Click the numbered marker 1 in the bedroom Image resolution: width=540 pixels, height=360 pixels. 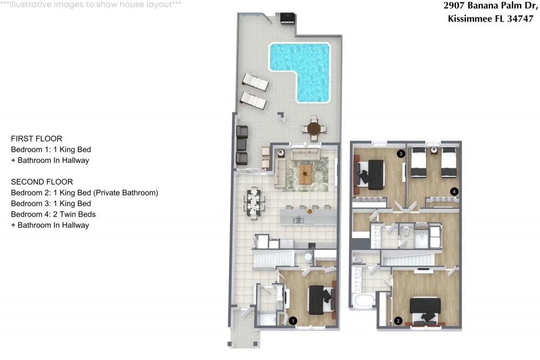(x=293, y=321)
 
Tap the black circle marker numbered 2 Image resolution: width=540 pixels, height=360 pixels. (x=398, y=321)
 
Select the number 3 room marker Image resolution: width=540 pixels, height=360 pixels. (x=401, y=153)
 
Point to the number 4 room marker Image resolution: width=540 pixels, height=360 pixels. (x=454, y=192)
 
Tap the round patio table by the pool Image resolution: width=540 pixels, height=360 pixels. (x=314, y=128)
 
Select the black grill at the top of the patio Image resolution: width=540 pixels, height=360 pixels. (x=287, y=18)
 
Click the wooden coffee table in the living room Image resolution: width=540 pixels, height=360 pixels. (x=305, y=174)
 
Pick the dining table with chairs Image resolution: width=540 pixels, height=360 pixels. (x=254, y=203)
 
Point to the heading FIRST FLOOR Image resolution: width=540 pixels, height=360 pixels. (x=37, y=139)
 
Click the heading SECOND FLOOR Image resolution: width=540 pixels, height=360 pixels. (x=42, y=182)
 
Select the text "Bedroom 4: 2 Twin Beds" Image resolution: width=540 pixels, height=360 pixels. (x=53, y=214)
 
